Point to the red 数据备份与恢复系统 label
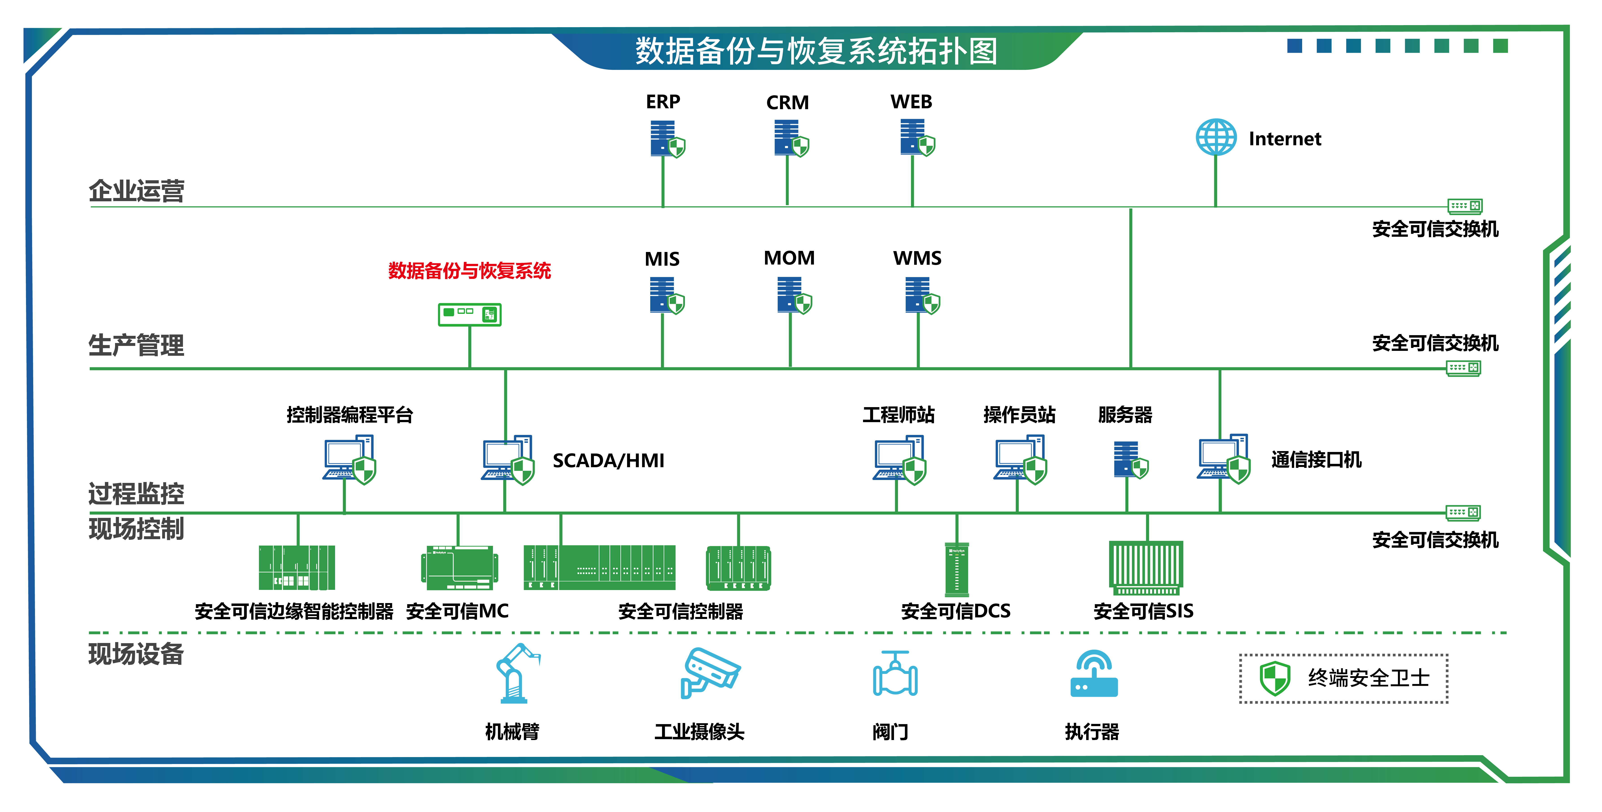pos(470,270)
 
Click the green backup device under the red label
pos(470,315)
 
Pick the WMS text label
pos(917,258)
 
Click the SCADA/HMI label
pos(608,461)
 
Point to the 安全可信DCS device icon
pos(957,569)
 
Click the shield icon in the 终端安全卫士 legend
pos(1274,678)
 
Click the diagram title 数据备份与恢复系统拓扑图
pos(816,51)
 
